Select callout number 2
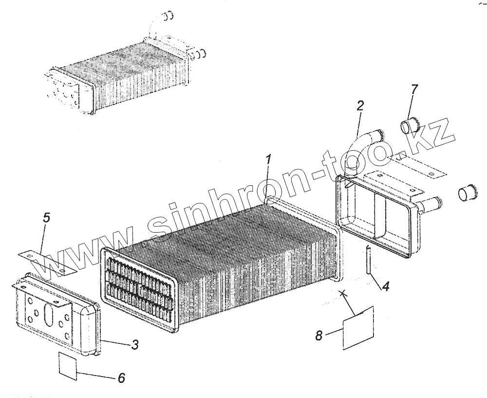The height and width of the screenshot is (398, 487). pyautogui.click(x=359, y=106)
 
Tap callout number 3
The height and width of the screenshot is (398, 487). pyautogui.click(x=135, y=345)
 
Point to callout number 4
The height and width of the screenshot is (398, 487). pyautogui.click(x=385, y=287)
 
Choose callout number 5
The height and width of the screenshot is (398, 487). pyautogui.click(x=46, y=219)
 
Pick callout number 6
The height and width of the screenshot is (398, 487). pyautogui.click(x=121, y=378)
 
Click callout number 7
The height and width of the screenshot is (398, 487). pyautogui.click(x=414, y=89)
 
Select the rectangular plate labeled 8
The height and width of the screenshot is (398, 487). pyautogui.click(x=358, y=328)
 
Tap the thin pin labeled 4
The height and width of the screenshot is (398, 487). pyautogui.click(x=369, y=261)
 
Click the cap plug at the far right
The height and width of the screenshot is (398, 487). pyautogui.click(x=466, y=193)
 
